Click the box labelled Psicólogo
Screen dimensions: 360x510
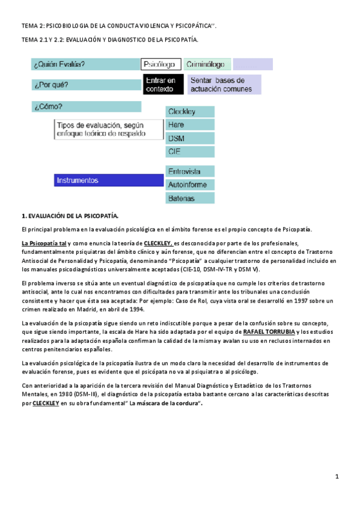(161, 64)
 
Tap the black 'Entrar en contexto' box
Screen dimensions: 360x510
(163, 85)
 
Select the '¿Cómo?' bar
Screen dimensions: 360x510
(86, 107)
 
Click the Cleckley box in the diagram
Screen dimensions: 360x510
(190, 112)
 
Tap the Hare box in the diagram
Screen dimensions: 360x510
(190, 125)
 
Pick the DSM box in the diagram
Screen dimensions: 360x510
(190, 138)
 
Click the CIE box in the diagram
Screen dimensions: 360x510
(190, 152)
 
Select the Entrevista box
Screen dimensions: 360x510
(190, 171)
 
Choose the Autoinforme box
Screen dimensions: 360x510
(190, 185)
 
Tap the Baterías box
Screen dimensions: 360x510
(190, 198)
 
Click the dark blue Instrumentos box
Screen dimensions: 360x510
(109, 180)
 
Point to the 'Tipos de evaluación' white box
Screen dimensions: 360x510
(109, 129)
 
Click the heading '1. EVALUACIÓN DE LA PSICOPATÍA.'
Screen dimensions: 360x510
(70, 215)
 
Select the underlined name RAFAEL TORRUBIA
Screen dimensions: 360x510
(269, 331)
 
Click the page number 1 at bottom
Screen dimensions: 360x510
(338, 477)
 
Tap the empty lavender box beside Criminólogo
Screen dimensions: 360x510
(252, 64)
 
